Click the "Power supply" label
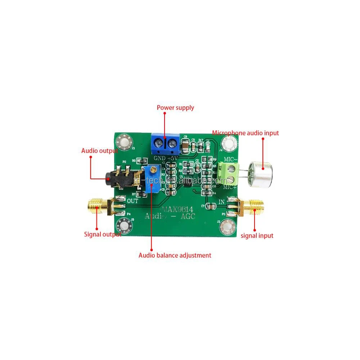pos(175,108)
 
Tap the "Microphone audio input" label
pos(245,133)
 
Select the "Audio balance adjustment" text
pos(175,255)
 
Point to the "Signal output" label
pos(102,234)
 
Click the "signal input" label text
pos(257,235)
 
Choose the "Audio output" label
pos(100,151)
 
